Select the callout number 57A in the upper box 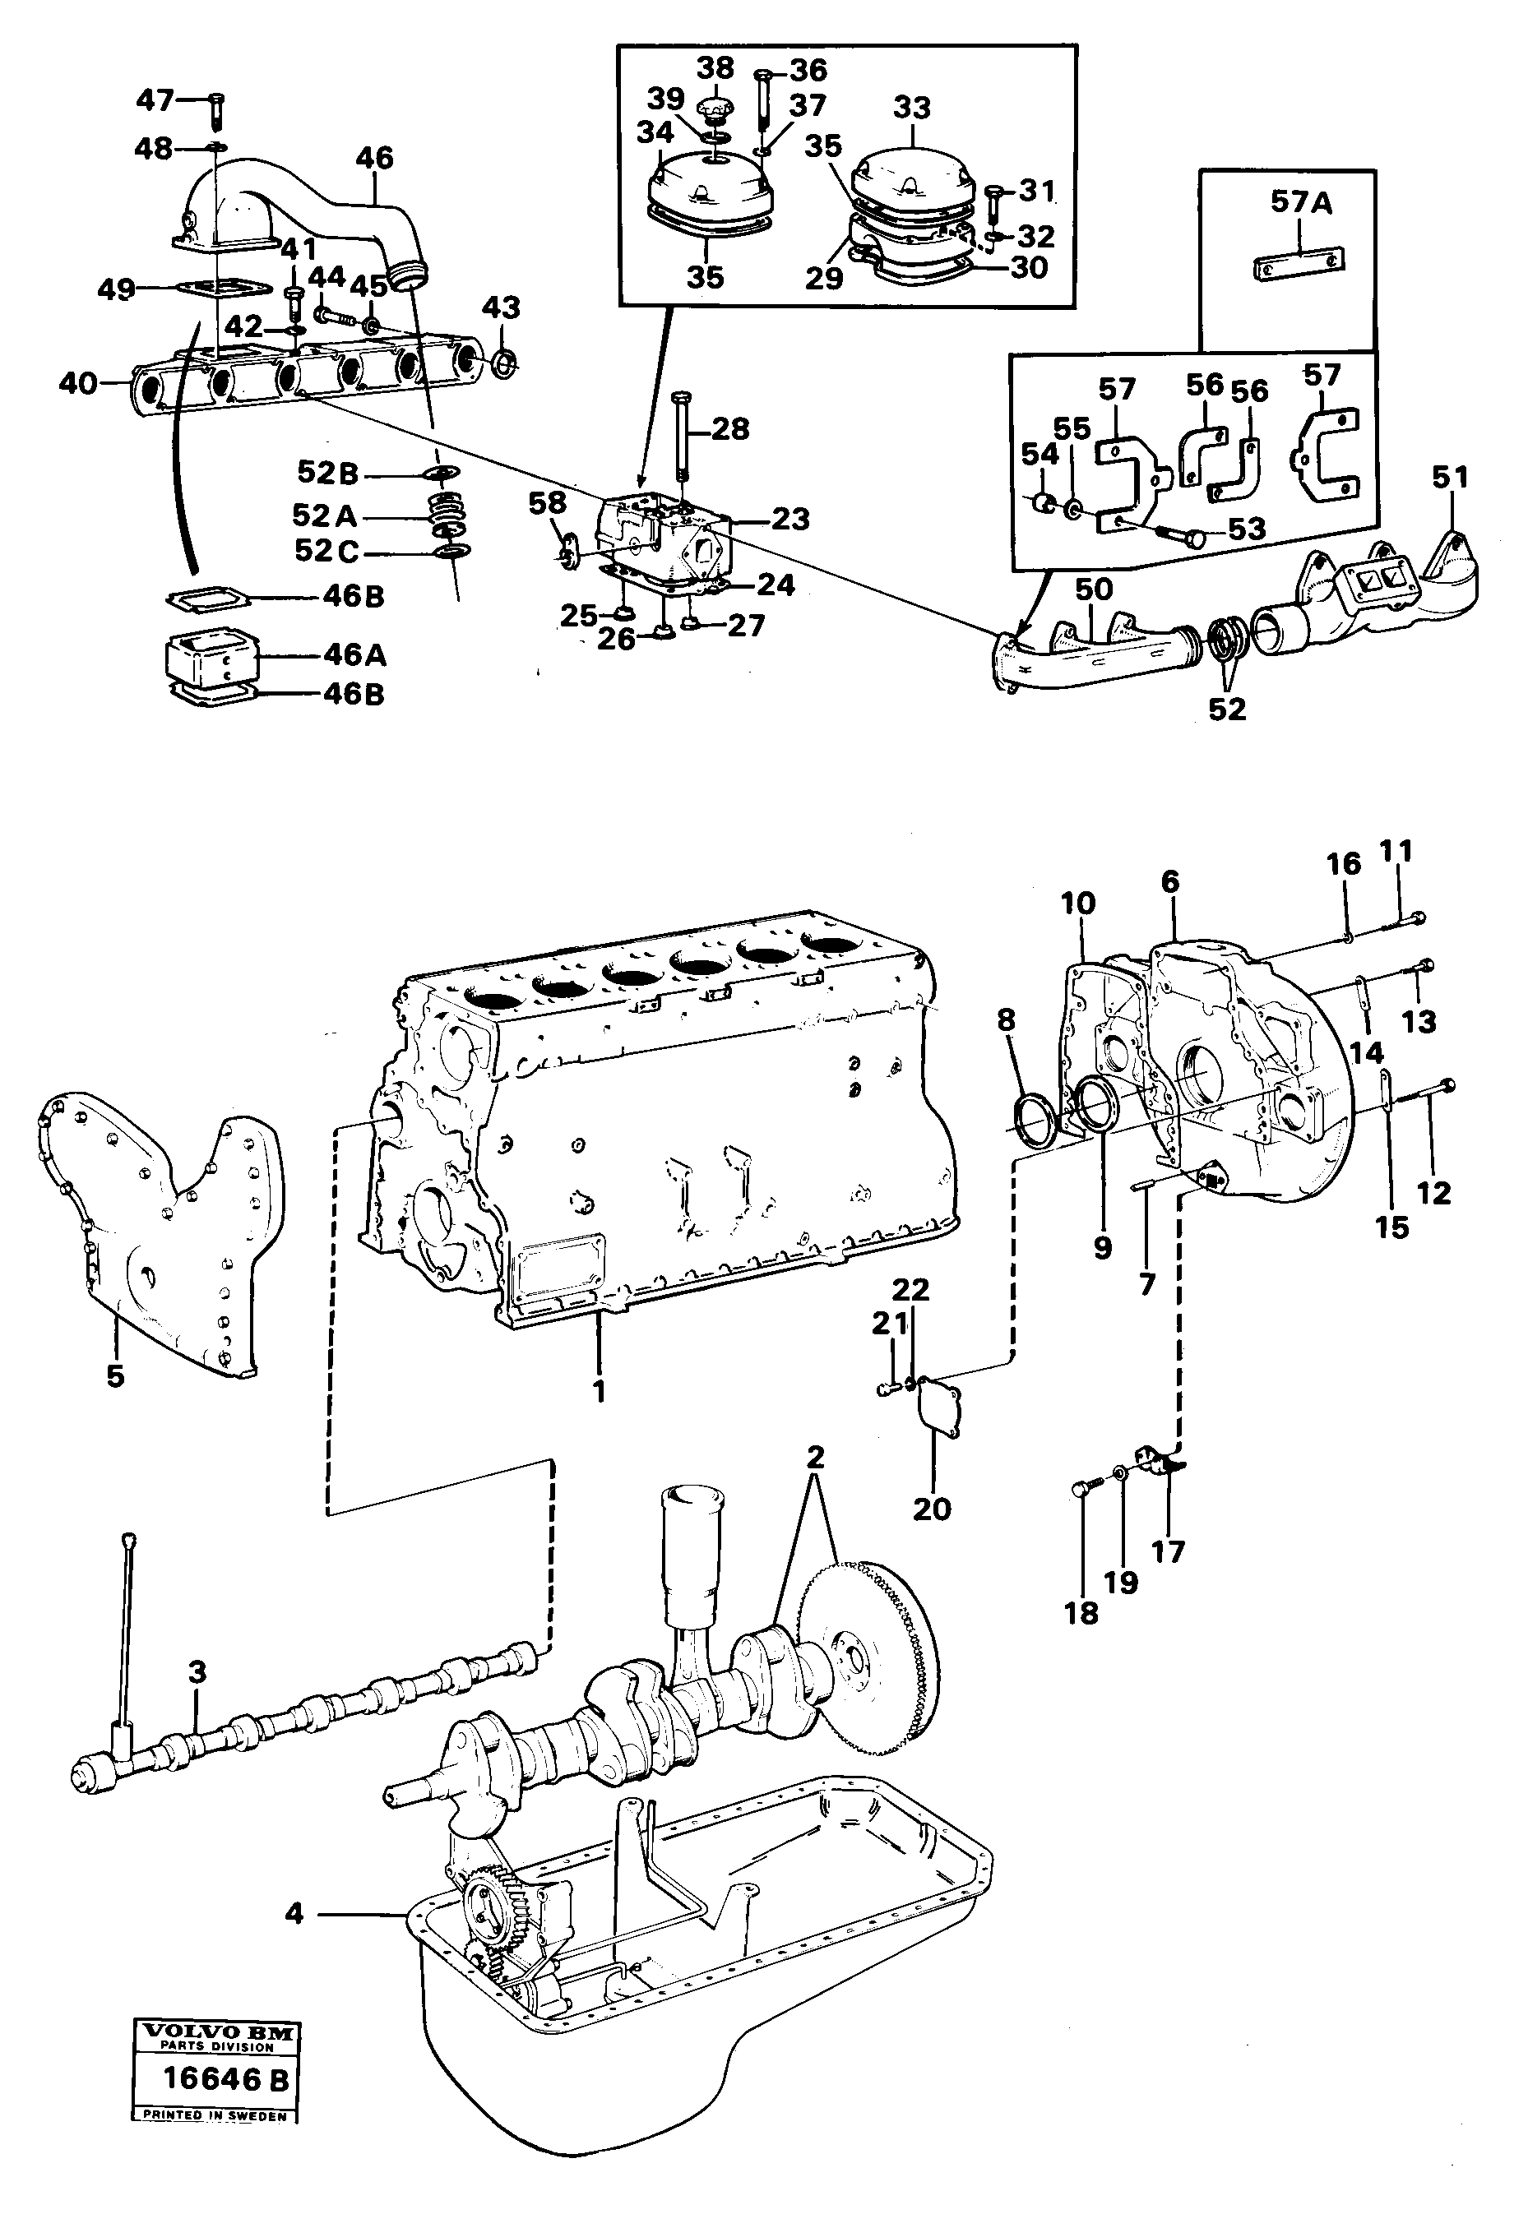coord(1301,203)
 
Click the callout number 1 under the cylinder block coord(600,1391)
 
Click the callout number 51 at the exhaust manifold coord(1450,476)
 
